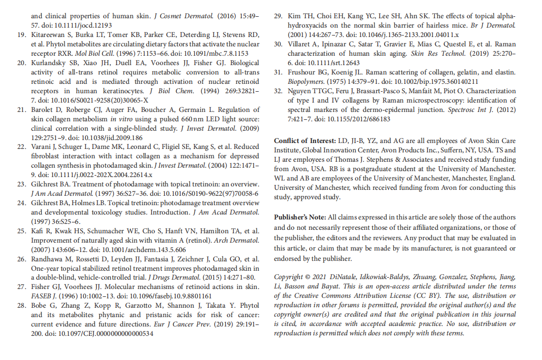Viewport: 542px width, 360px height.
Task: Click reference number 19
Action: pyautogui.click(x=21, y=35)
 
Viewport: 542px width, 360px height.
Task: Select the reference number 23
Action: pyautogui.click(x=21, y=184)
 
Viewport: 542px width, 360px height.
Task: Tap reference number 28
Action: pyautogui.click(x=21, y=305)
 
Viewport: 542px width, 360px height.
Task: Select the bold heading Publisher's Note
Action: pyautogui.click(x=300, y=217)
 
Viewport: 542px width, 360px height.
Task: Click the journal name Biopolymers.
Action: pyautogui.click(x=306, y=82)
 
